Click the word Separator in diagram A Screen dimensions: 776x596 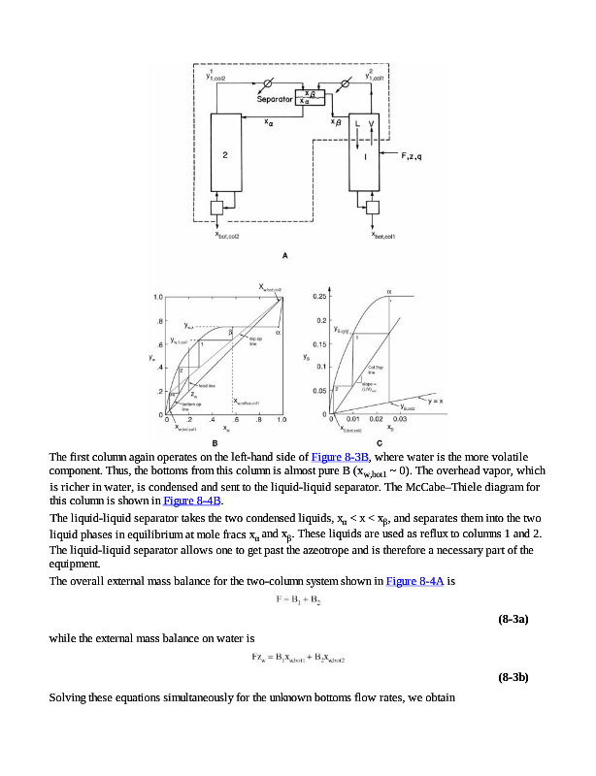click(276, 99)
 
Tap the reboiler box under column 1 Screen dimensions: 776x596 click(372, 208)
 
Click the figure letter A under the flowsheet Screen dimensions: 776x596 click(284, 254)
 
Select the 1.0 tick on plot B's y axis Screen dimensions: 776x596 click(156, 295)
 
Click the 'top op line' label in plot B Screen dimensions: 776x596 click(255, 342)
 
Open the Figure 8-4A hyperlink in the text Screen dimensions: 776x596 click(415, 580)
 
